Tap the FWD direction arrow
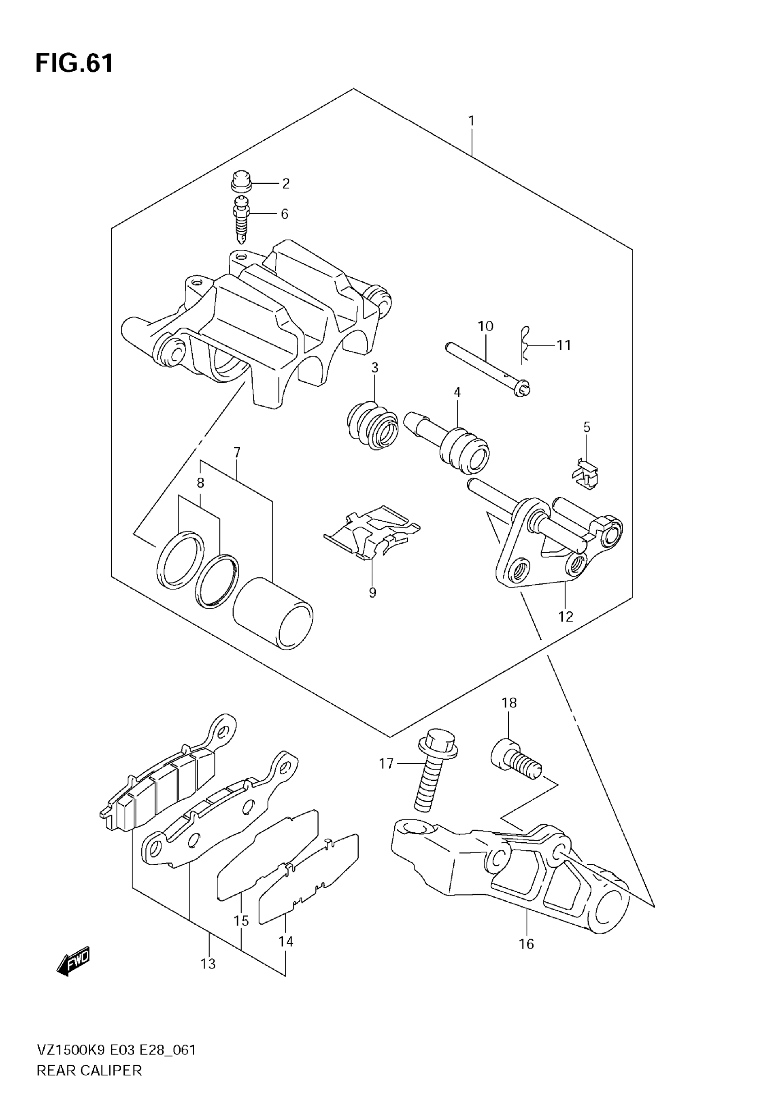pos(73,960)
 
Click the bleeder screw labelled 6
pos(242,219)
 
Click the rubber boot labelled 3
pos(373,424)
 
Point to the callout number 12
pos(565,616)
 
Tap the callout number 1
pos(471,120)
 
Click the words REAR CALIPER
pos(89,1070)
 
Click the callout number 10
pos(485,326)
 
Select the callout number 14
pos(286,941)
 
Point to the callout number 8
pos(201,482)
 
